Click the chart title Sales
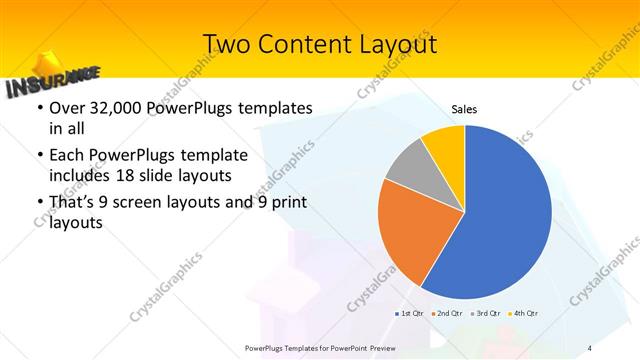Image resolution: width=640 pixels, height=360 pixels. (464, 108)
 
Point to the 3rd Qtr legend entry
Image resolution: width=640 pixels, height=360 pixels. (486, 313)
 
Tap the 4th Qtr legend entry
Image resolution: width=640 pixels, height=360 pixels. (524, 313)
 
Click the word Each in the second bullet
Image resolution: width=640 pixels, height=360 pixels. (68, 156)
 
